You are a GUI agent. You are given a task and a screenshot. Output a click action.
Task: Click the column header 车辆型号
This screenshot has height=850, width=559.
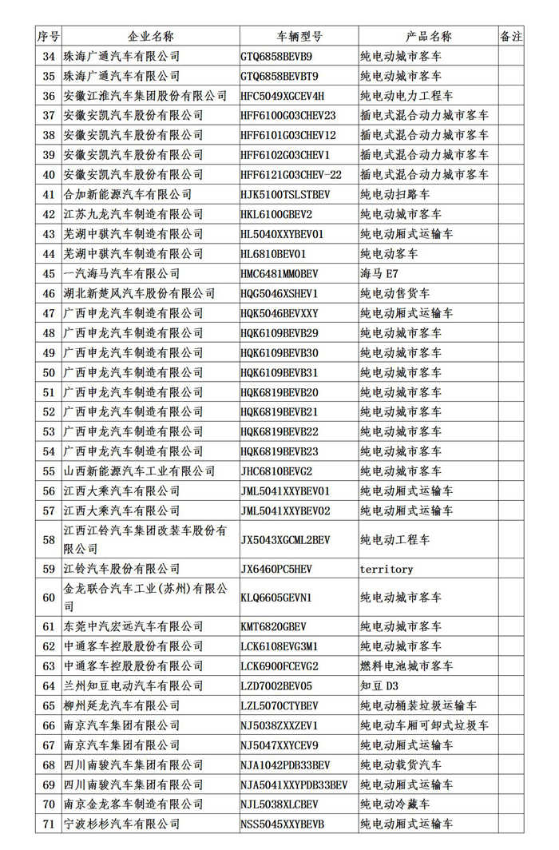tap(299, 37)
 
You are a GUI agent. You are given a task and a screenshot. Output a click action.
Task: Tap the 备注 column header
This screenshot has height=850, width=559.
tap(511, 37)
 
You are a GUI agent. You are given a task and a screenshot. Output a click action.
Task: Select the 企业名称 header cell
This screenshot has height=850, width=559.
tap(150, 37)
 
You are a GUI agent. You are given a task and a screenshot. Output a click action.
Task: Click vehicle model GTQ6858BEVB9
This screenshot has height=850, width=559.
tap(276, 57)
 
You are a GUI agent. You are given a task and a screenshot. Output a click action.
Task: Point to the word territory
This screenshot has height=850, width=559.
tap(387, 569)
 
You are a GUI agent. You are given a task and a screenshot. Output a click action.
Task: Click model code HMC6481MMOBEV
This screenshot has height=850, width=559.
tap(279, 274)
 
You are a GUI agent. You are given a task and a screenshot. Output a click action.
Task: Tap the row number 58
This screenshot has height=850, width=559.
tap(49, 540)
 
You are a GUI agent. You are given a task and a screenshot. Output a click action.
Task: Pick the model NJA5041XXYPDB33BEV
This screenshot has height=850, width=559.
tap(294, 784)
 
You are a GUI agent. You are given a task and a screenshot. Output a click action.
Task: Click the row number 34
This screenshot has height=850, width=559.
tap(49, 57)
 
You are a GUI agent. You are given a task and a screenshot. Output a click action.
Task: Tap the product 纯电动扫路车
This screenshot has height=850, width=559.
tap(394, 194)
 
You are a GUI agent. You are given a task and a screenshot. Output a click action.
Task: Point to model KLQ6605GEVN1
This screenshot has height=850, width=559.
tap(276, 598)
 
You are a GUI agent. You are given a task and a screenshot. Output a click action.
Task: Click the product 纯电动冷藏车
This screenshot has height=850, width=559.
tap(394, 804)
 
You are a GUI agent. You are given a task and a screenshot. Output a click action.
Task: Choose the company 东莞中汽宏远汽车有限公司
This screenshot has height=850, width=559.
tap(133, 627)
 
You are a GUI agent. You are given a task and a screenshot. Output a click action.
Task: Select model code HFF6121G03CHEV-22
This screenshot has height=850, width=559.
tap(291, 175)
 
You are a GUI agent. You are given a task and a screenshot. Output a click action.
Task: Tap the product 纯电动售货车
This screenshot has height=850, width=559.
tap(394, 294)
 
